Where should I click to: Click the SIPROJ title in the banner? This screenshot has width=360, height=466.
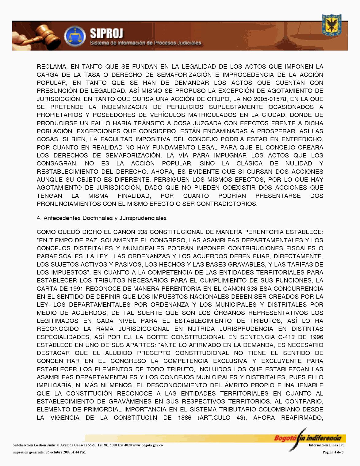tap(106, 33)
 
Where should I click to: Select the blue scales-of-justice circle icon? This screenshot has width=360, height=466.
tap(75, 36)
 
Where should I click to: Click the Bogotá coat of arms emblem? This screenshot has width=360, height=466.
tap(331, 25)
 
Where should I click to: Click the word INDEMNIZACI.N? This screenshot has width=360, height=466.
tap(124, 107)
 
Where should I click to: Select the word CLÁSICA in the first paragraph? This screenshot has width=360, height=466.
tap(249, 163)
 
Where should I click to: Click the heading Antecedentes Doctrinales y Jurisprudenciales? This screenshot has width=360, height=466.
tap(105, 218)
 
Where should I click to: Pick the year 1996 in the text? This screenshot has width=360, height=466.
tap(316, 337)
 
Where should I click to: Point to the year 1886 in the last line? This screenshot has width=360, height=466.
tap(185, 418)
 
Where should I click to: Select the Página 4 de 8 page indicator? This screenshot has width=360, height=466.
tap(333, 452)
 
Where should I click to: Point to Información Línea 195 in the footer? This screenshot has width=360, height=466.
tap(326, 445)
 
